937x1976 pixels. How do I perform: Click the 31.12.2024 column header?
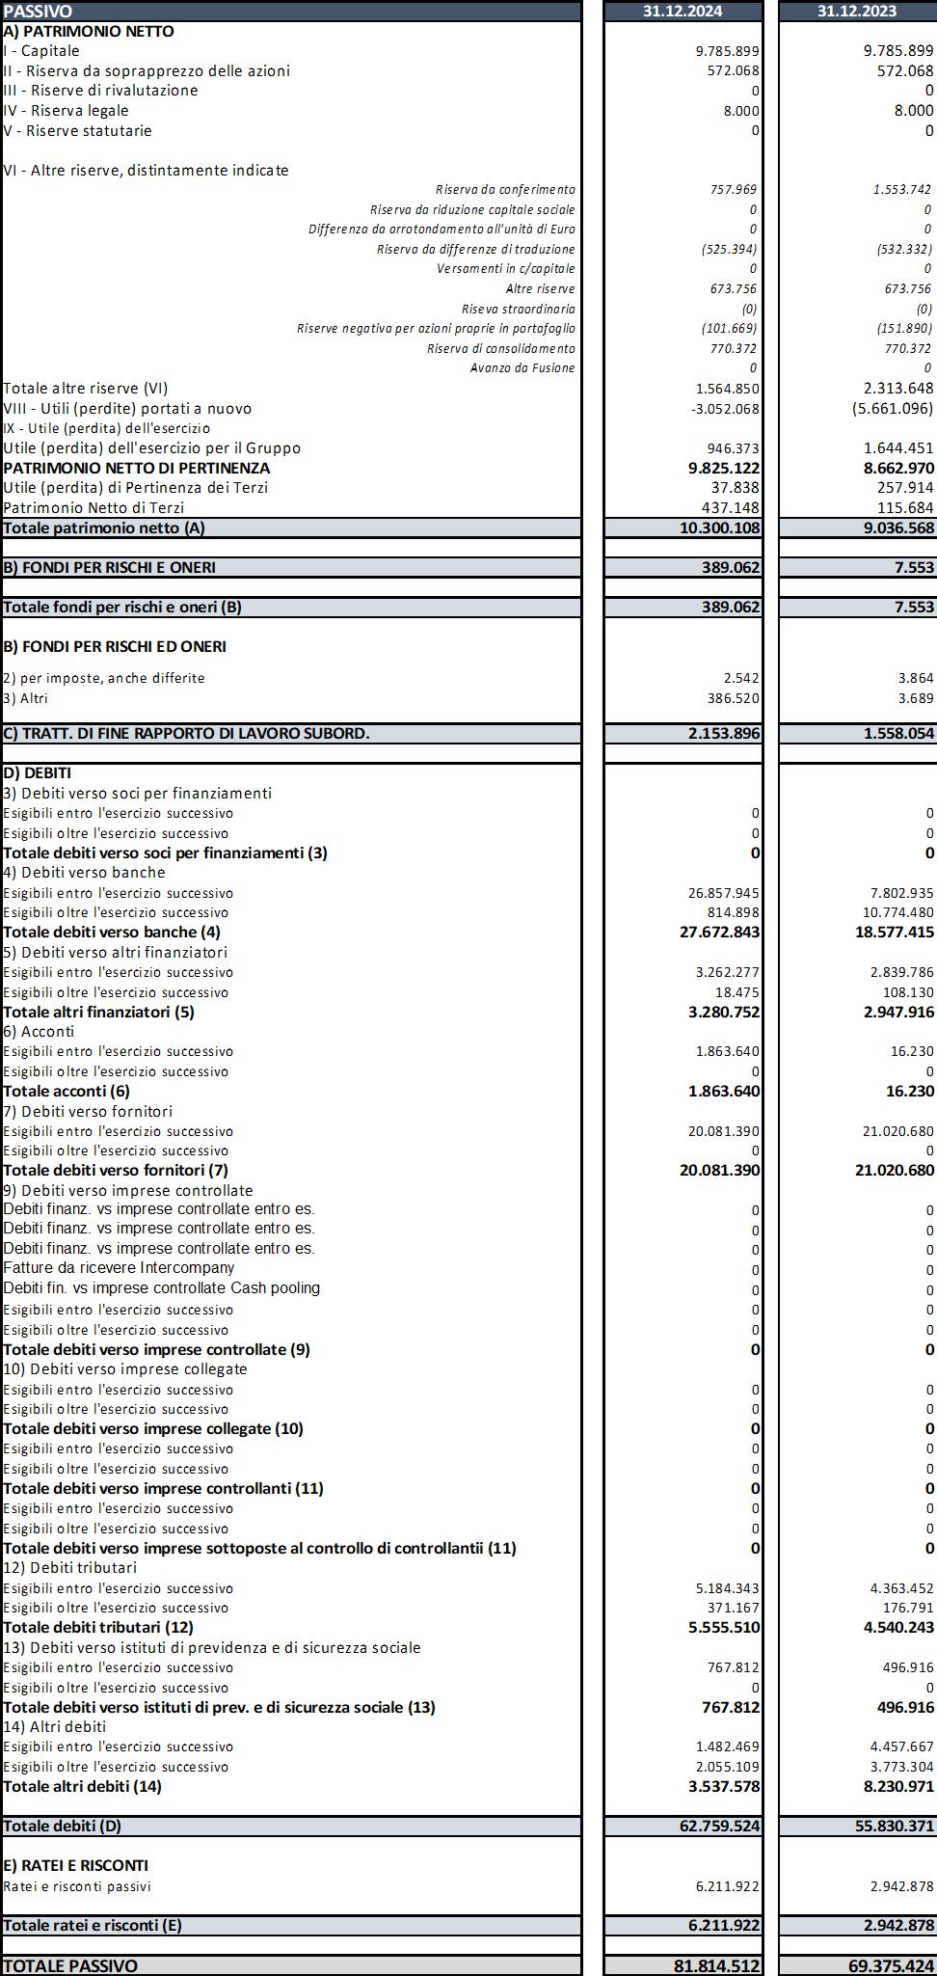coord(683,11)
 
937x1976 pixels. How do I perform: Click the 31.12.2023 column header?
coord(857,11)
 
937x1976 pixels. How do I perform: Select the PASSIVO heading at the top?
coord(38,11)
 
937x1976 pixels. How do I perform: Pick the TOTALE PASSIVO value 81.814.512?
coord(716,1965)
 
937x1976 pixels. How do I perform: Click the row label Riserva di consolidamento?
coord(500,348)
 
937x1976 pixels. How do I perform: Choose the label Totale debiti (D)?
coord(63,1826)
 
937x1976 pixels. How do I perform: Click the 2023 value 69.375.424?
coord(891,1965)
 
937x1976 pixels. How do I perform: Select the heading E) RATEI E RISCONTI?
coord(75,1865)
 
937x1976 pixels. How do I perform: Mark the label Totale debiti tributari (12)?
coord(98,1627)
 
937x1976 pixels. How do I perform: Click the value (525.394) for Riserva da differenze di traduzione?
coord(729,249)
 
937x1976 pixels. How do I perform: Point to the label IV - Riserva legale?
coord(66,110)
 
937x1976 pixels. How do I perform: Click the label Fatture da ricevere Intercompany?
coord(119,1268)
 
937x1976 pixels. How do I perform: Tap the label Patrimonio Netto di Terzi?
coord(94,507)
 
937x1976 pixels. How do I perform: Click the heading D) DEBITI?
coord(38,772)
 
